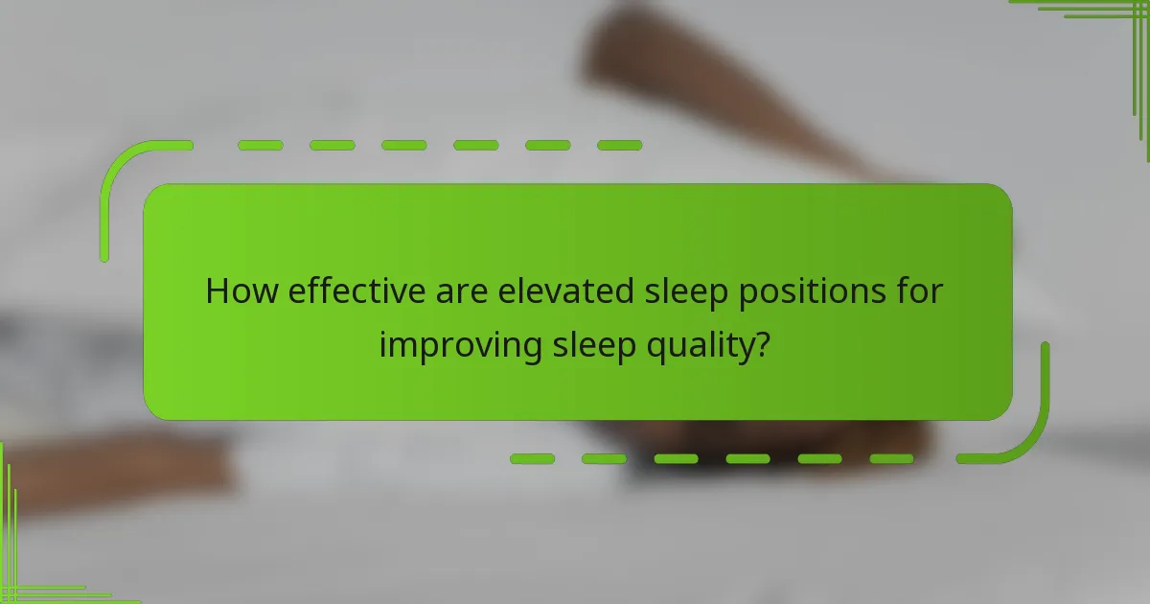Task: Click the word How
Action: pyautogui.click(x=236, y=290)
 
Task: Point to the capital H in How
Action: pyautogui.click(x=217, y=290)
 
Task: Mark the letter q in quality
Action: pyautogui.click(x=644, y=348)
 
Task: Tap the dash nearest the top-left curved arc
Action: pyautogui.click(x=260, y=146)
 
